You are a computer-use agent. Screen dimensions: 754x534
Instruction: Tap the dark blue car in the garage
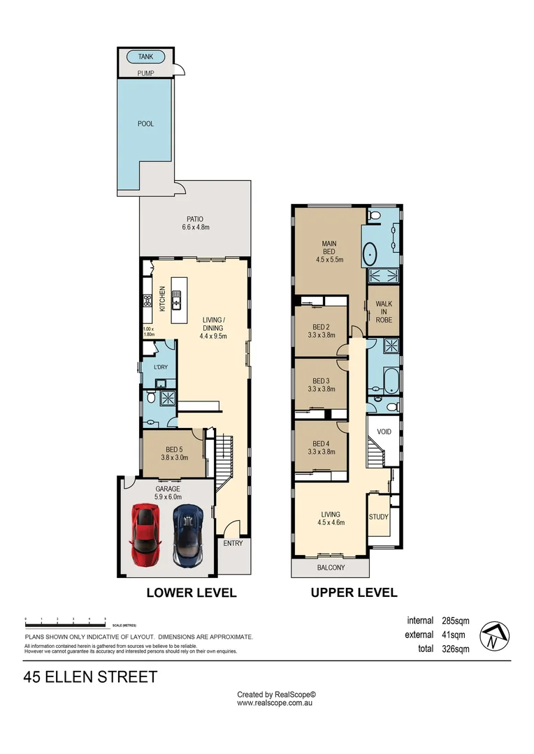pos(187,536)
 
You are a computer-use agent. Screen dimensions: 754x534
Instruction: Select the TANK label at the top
pos(145,57)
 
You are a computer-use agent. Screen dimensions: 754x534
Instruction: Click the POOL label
pos(145,124)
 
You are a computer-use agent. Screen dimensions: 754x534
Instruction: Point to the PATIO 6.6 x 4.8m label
pos(195,223)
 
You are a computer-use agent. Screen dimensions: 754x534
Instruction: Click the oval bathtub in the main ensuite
pos(368,252)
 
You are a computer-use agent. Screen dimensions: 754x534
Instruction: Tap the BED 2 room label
pos(321,331)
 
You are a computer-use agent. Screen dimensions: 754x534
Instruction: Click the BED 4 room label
pos(321,448)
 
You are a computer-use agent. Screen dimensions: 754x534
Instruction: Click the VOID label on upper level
pos(384,431)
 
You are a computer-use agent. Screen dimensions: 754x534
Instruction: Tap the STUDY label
pos(378,517)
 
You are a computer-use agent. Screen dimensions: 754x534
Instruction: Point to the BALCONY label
pos(331,568)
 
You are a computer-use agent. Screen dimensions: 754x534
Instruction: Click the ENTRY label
pos(233,543)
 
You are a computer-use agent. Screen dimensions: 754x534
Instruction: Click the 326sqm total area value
pos(455,649)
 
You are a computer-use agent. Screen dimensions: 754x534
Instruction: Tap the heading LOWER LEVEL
pos(191,593)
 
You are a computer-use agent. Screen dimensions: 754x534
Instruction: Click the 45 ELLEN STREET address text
pos(90,677)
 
